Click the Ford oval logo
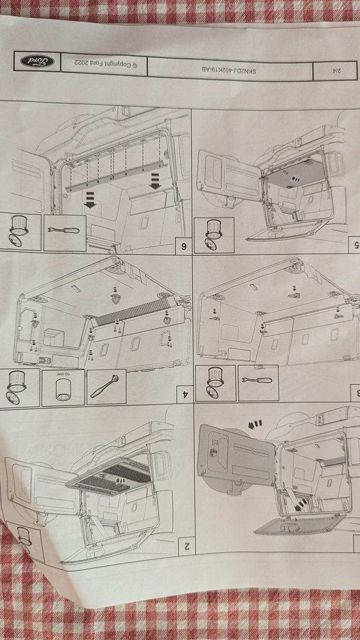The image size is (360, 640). [37, 62]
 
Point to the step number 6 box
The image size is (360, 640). [183, 246]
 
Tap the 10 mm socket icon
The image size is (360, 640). [63, 388]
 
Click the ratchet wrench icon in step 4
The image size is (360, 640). [106, 386]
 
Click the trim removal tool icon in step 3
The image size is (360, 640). [258, 383]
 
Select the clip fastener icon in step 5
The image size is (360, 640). [214, 235]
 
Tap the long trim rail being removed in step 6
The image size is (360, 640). [114, 176]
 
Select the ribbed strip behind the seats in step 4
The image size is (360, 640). [133, 312]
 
